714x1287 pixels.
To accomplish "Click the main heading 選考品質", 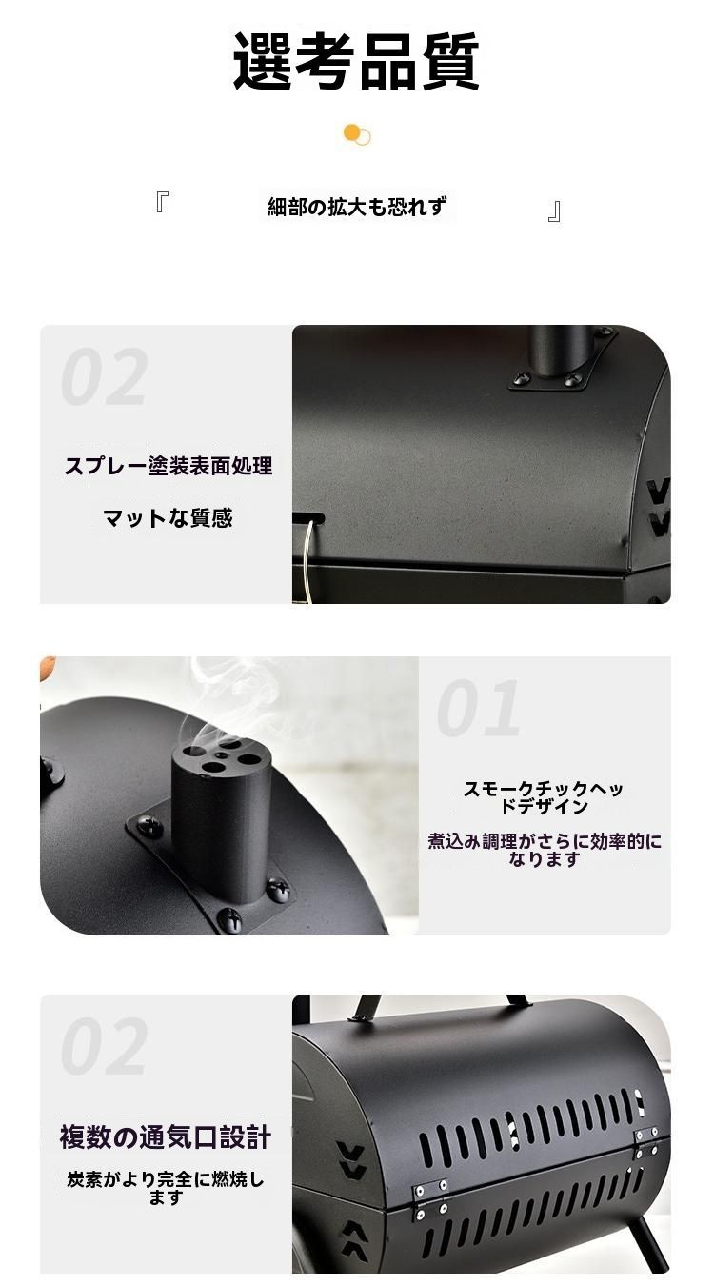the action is click(x=356, y=62).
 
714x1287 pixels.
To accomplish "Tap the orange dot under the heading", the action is click(x=352, y=132).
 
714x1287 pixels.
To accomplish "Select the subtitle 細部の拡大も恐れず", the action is click(x=357, y=207).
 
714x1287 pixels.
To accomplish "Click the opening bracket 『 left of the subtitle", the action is click(x=162, y=202).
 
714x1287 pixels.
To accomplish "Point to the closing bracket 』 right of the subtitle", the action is click(x=554, y=211).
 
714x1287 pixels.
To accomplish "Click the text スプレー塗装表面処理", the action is click(x=169, y=466).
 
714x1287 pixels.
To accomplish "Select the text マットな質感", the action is click(x=169, y=518).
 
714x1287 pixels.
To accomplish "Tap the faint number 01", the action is click(x=478, y=708).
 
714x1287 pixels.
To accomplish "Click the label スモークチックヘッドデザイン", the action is click(x=543, y=797).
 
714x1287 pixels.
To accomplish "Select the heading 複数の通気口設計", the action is click(x=166, y=1137).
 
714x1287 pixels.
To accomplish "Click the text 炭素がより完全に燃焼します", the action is click(x=166, y=1188).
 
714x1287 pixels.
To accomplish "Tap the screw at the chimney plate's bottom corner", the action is click(x=232, y=918).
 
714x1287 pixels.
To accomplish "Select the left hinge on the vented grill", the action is click(x=430, y=1199).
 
